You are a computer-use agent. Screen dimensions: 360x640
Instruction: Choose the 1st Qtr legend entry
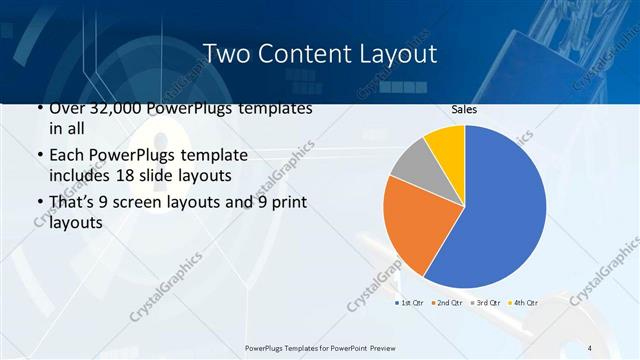coord(409,302)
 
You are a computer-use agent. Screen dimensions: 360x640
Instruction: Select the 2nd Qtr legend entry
coord(447,302)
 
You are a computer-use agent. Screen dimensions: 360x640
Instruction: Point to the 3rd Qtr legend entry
coord(485,302)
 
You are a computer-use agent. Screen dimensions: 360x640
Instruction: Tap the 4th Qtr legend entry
coord(523,302)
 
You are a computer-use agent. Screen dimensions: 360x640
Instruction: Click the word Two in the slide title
coord(226,53)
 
